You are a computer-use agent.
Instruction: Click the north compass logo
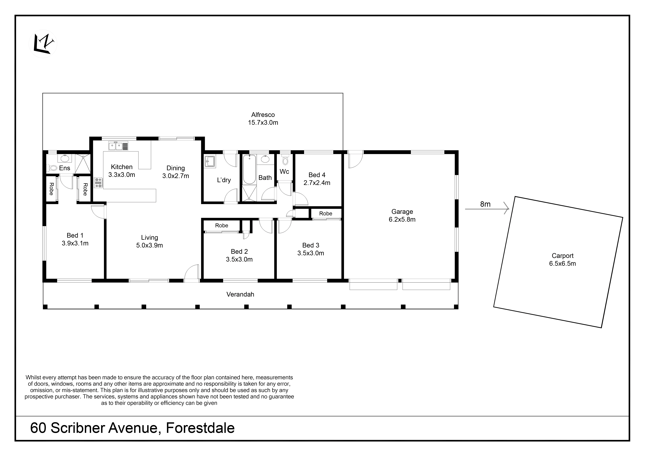43,44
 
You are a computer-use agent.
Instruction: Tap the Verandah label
240,294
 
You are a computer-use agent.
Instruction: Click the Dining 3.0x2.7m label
176,172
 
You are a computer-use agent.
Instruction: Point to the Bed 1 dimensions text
75,243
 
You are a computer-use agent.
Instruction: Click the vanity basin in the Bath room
265,159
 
